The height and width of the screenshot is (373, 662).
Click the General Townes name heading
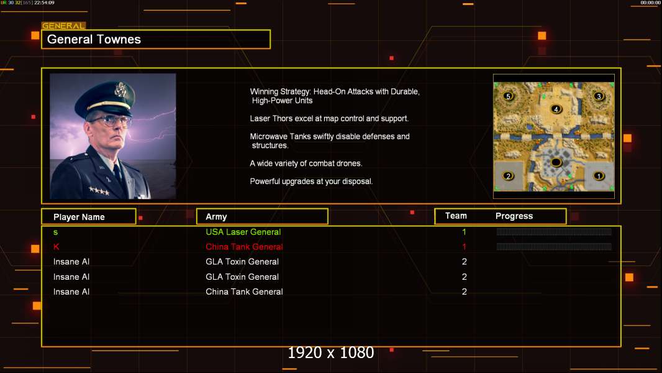point(94,39)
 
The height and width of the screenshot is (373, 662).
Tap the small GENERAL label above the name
point(63,26)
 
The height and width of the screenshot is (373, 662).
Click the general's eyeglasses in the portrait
point(110,119)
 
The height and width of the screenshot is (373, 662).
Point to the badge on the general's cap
point(120,91)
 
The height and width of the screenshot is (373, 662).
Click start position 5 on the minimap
point(509,96)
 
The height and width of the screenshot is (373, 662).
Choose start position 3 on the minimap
point(599,96)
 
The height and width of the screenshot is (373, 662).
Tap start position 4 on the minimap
point(556,109)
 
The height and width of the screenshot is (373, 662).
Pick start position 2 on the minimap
point(509,176)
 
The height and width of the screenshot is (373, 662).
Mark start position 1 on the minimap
point(599,176)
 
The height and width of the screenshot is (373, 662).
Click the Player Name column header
point(79,217)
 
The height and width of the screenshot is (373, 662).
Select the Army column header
point(216,217)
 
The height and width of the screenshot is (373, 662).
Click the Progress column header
point(514,216)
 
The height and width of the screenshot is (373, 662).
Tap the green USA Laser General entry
point(243,232)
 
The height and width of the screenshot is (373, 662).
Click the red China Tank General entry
point(244,247)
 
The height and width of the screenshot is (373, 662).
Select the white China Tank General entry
point(244,292)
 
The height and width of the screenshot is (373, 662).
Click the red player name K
point(56,247)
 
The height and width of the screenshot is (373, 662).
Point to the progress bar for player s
point(554,232)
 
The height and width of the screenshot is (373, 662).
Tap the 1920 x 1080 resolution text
point(331,353)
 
